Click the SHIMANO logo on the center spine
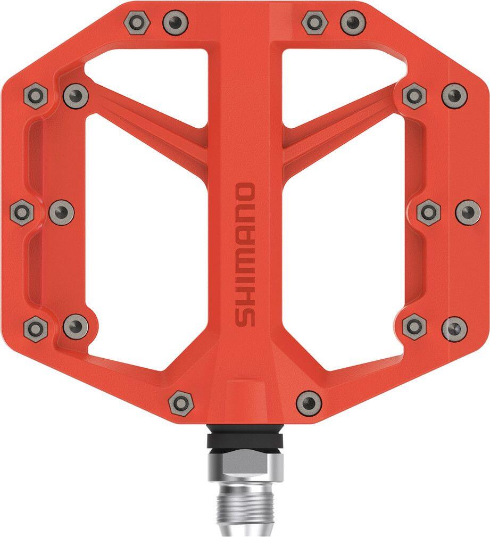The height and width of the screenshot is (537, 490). pos(245,254)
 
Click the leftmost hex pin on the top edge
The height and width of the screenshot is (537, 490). pos(137,23)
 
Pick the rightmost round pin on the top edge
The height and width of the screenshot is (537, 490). pos(353,22)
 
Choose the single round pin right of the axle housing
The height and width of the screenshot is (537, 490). pos(309,403)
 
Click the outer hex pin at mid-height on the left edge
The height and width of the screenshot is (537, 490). pos(22,212)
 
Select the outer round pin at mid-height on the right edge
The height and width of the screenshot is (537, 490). pos(468,213)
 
